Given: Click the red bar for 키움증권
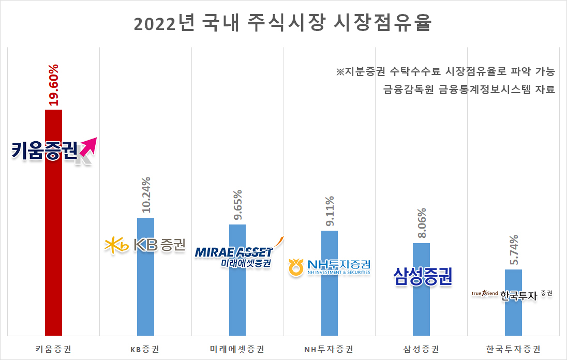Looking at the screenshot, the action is click(x=53, y=222).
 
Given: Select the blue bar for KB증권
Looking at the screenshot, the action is click(x=145, y=277).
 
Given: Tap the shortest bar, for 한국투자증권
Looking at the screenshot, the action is click(x=513, y=303).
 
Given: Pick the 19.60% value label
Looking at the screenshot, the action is click(x=53, y=85).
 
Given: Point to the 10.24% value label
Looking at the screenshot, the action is click(x=146, y=195).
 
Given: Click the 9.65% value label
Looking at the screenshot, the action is click(x=237, y=205).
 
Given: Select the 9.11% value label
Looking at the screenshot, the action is click(x=330, y=211).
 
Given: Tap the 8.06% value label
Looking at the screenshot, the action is click(x=422, y=223).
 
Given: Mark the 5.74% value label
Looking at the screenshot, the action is click(x=514, y=250).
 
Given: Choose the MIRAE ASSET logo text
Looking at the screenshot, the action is click(x=233, y=252).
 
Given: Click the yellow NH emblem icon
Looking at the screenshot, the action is click(x=296, y=267).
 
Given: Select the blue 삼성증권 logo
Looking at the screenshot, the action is click(x=423, y=277).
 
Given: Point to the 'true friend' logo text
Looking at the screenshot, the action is click(x=485, y=293).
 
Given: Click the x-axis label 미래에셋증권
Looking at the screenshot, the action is click(x=237, y=349).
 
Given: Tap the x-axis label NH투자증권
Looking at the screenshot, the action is click(x=329, y=349).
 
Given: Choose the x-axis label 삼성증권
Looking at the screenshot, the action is click(x=421, y=349).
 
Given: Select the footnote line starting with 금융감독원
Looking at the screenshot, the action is click(x=469, y=89).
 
